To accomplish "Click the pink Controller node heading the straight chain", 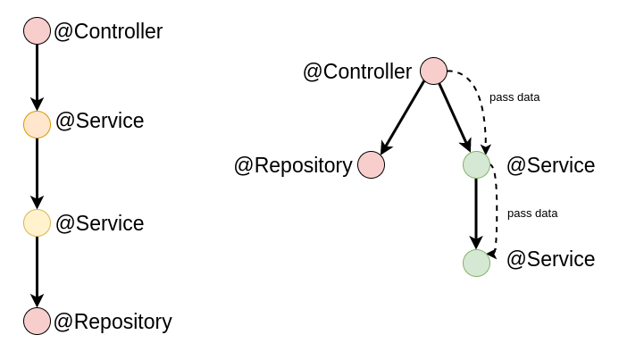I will click(37, 31).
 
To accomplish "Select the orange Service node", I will click(37, 124).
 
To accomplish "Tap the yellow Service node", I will click(37, 222).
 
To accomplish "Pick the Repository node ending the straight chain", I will click(37, 321).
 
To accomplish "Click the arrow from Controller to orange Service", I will click(37, 77).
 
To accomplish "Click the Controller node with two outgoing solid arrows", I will click(433, 71).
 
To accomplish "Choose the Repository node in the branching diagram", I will click(371, 165).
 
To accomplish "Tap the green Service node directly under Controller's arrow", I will click(476, 165).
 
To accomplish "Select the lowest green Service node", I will click(476, 263).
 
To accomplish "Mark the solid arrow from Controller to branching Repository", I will click(402, 118).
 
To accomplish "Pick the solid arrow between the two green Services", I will click(476, 214).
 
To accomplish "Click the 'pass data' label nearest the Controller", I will click(514, 96).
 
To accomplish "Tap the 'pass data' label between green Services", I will click(532, 213).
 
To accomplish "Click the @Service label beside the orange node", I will click(99, 121).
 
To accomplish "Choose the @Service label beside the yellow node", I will click(99, 223).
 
